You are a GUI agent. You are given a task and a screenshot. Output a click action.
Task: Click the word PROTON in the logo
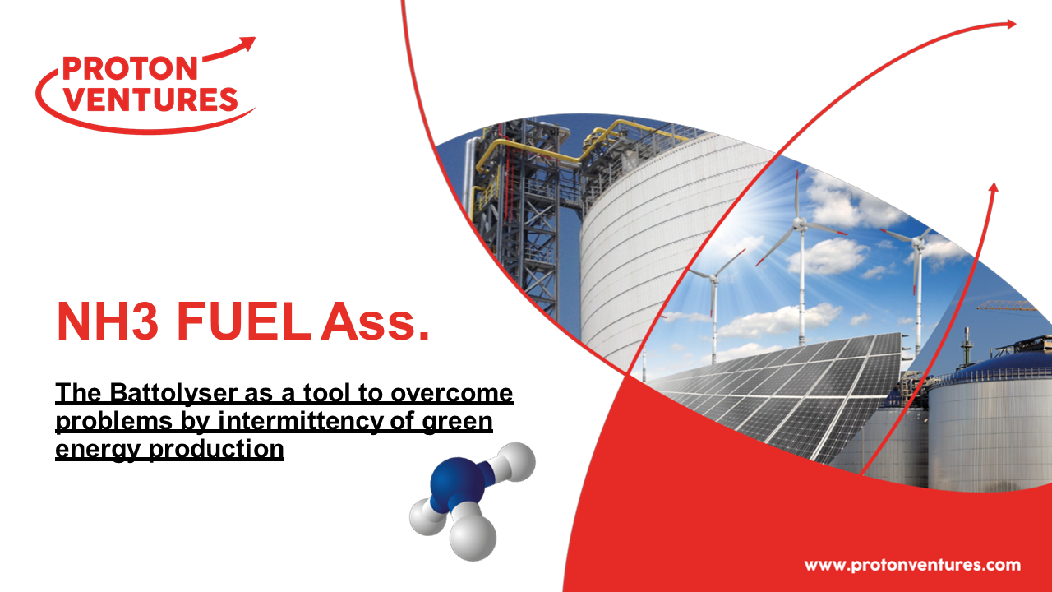pos(129,68)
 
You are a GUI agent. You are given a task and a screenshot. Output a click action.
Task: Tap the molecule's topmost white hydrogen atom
pos(514,463)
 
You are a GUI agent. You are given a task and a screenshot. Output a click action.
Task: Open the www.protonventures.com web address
pos(911,565)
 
